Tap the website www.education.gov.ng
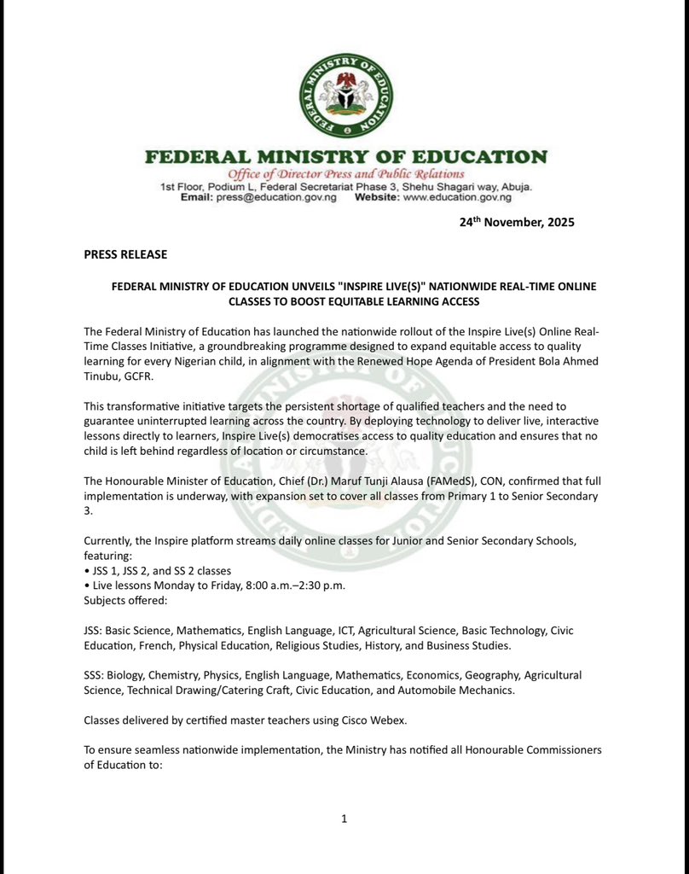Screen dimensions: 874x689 (457, 197)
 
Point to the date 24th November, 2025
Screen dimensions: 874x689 (517, 223)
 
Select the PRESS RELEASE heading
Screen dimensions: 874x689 (125, 254)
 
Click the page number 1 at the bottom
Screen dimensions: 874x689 (344, 819)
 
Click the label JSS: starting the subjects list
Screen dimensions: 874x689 (93, 630)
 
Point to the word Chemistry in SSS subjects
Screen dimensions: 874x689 (181, 674)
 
